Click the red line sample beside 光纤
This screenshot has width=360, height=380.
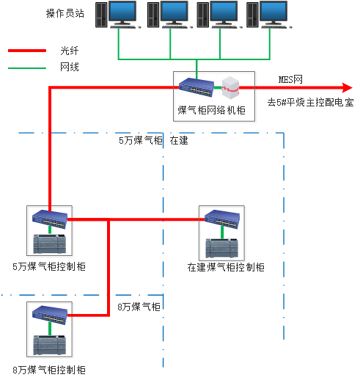point(27,51)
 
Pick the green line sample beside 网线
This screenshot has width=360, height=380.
point(27,67)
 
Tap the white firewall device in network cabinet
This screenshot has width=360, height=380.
point(232,87)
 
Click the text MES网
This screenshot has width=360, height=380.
point(290,78)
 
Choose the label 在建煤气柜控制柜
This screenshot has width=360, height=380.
point(226,267)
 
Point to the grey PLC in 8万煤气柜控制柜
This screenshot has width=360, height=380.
point(50,345)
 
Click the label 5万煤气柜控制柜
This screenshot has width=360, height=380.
point(49,266)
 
